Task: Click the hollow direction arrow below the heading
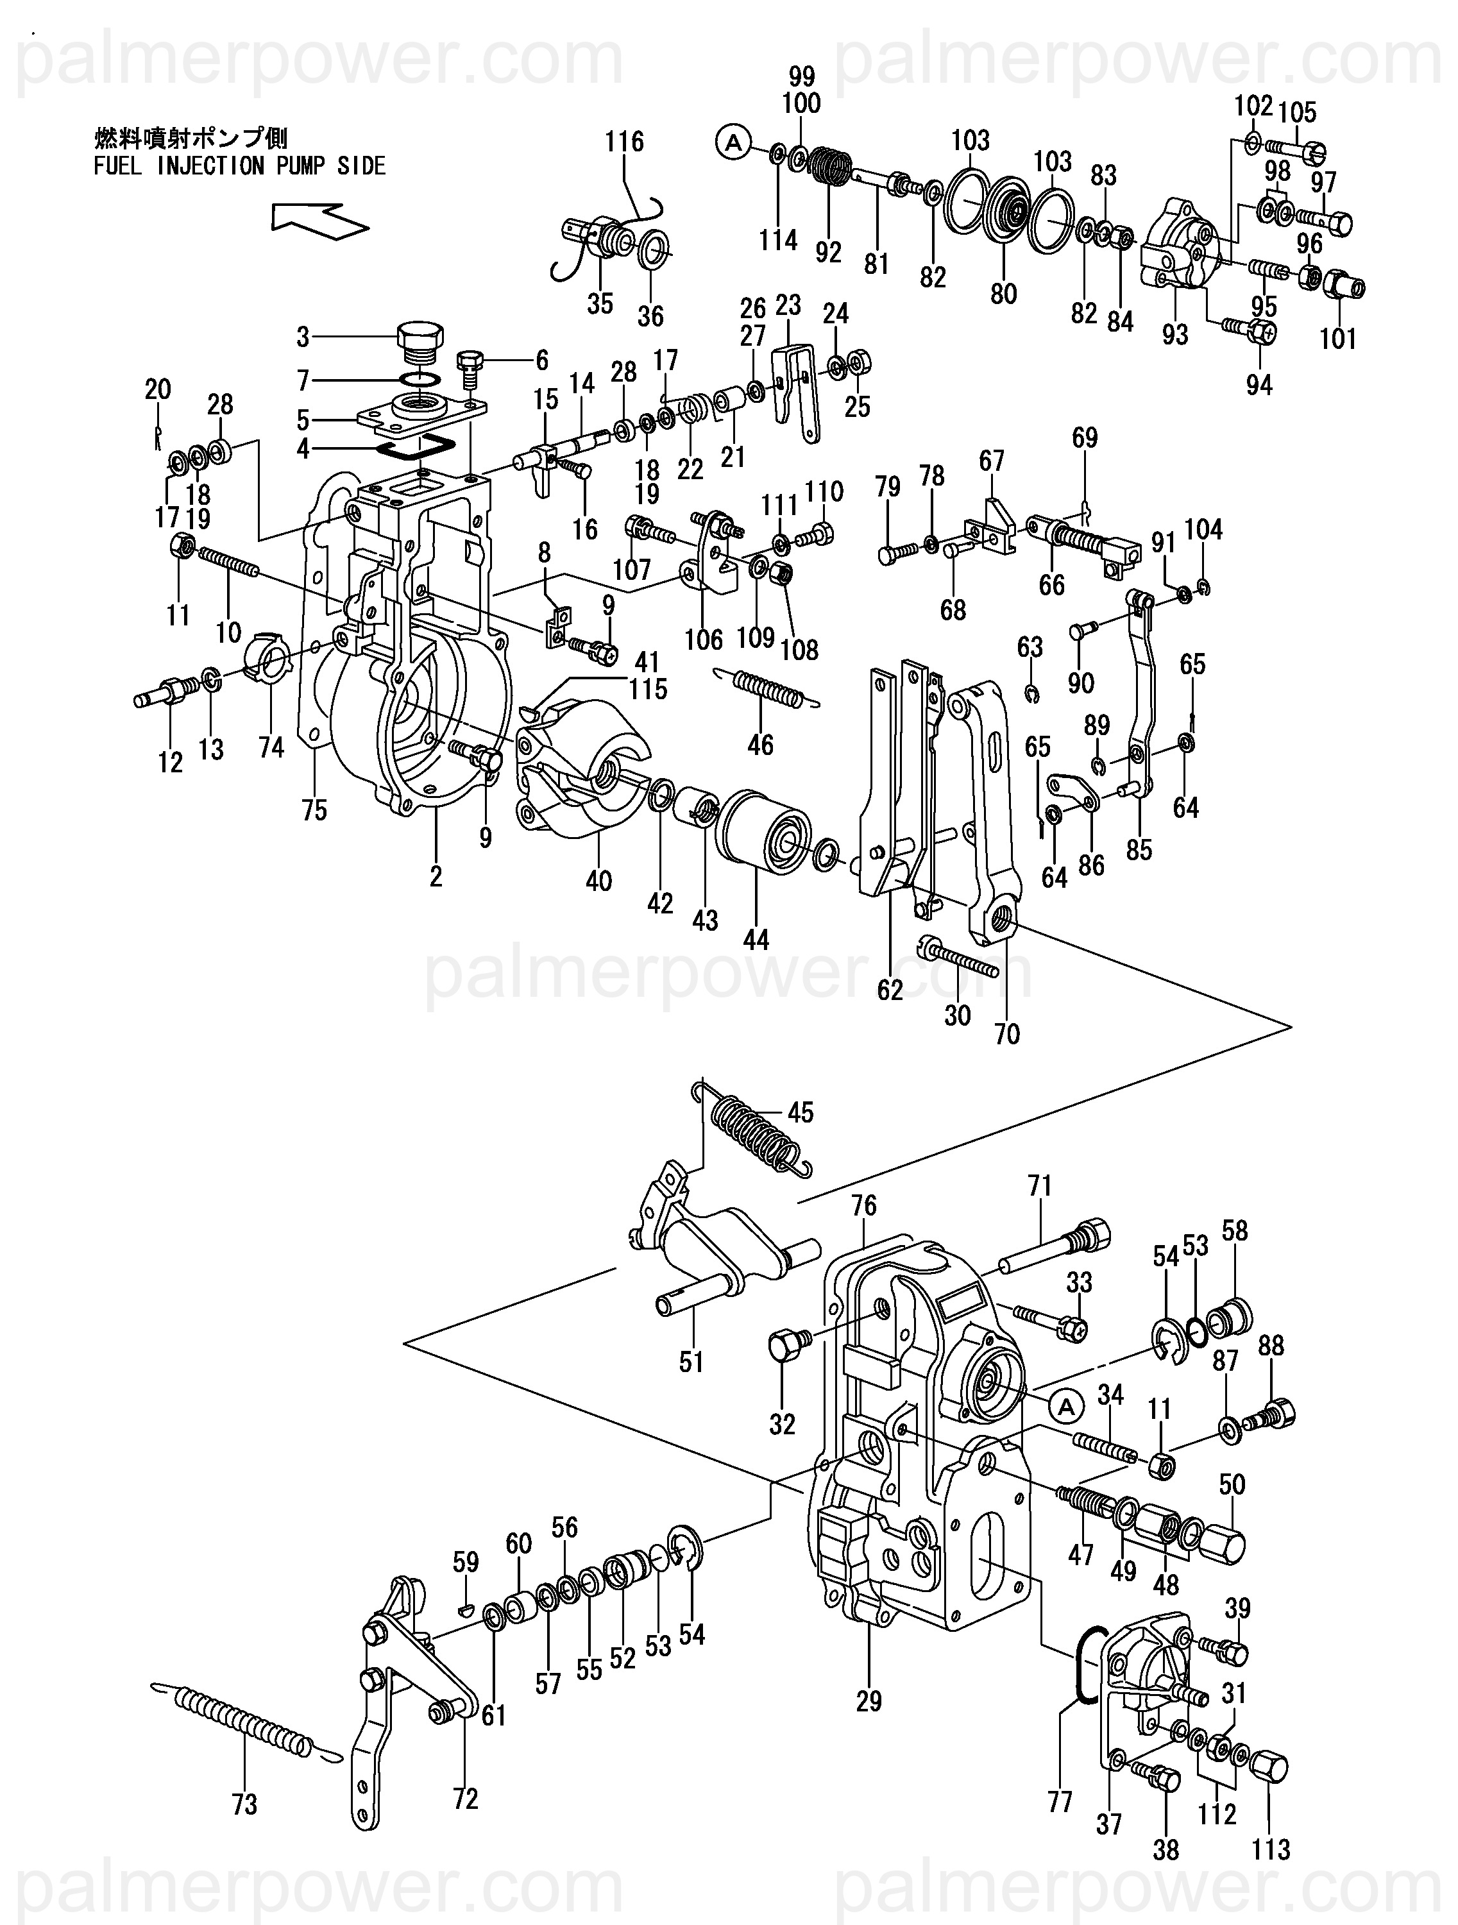pyautogui.click(x=319, y=220)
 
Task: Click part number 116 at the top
pyautogui.click(x=625, y=141)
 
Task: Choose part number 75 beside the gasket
pyautogui.click(x=314, y=810)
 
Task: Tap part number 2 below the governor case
pyautogui.click(x=436, y=876)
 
